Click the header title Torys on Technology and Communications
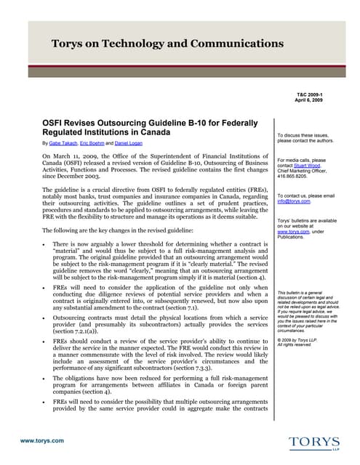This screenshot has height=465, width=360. click(x=167, y=44)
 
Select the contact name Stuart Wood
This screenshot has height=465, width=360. click(x=317, y=165)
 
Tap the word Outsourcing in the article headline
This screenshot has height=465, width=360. click(x=132, y=123)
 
